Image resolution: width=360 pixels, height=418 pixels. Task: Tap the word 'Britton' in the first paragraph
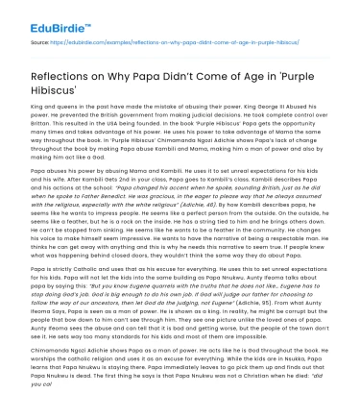coord(44,133)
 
